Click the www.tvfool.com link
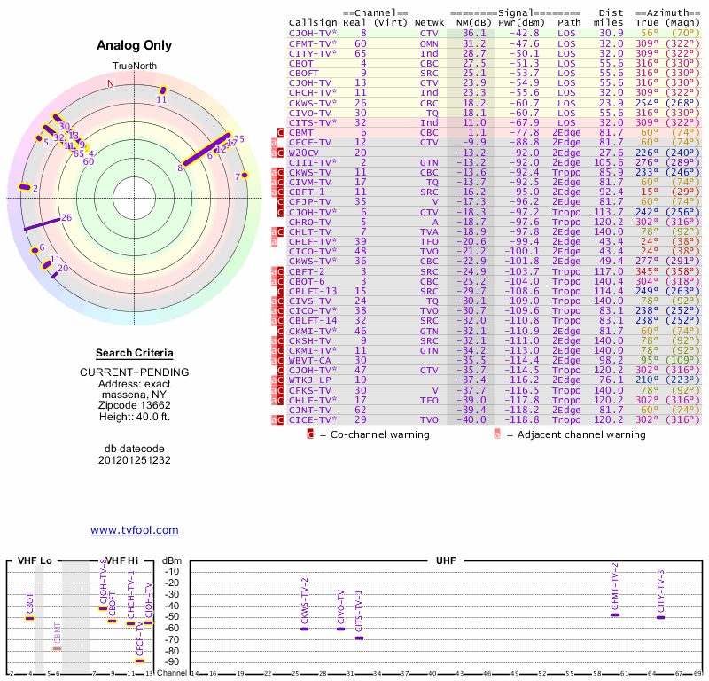coord(135,530)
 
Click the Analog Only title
coord(135,46)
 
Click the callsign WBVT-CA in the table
coord(309,360)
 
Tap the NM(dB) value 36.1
coord(474,32)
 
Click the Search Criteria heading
coord(135,353)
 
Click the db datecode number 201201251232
coord(135,460)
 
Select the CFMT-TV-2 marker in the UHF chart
coord(615,614)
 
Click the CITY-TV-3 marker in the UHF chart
coord(660,616)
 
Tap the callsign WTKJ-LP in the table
coord(310,380)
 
